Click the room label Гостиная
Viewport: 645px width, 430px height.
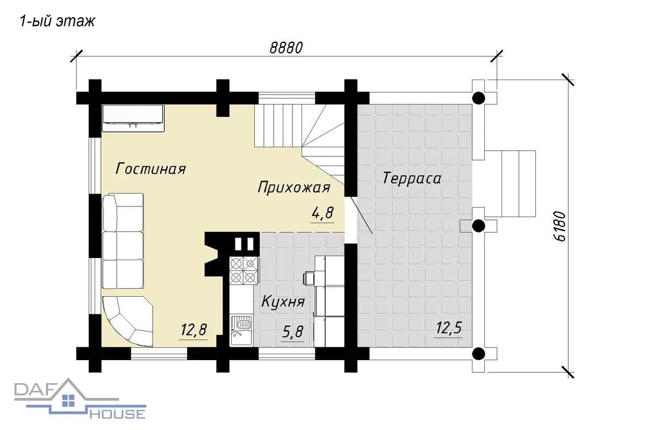pyautogui.click(x=150, y=168)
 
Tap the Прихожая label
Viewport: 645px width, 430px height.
pyautogui.click(x=294, y=188)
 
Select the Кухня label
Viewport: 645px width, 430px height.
pyautogui.click(x=283, y=302)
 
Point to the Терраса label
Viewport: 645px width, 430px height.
pyautogui.click(x=412, y=178)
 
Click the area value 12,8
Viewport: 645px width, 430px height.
pyautogui.click(x=193, y=330)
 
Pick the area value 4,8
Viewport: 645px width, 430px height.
pyautogui.click(x=322, y=213)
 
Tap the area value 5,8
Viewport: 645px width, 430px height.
pyautogui.click(x=292, y=332)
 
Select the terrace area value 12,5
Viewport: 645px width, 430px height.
pyautogui.click(x=449, y=327)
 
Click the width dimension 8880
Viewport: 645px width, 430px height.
pyautogui.click(x=286, y=48)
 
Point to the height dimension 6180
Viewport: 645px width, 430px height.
pyautogui.click(x=560, y=226)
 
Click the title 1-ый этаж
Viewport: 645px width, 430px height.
pyautogui.click(x=57, y=21)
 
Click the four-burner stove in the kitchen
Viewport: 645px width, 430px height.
pyautogui.click(x=243, y=270)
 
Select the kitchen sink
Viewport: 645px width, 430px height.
pyautogui.click(x=241, y=330)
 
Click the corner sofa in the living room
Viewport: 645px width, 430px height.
pyautogui.click(x=127, y=321)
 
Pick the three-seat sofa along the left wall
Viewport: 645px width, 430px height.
pyautogui.click(x=123, y=241)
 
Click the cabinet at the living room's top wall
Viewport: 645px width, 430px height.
pyautogui.click(x=133, y=118)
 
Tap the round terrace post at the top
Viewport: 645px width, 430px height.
pyautogui.click(x=478, y=98)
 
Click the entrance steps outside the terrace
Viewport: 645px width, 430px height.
pyautogui.click(x=510, y=183)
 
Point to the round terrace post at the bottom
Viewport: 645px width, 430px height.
pyautogui.click(x=478, y=354)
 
